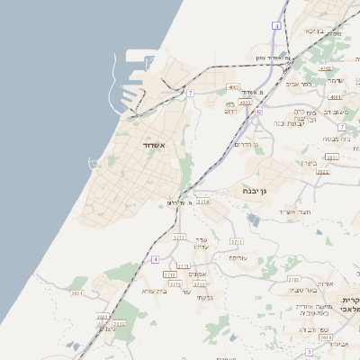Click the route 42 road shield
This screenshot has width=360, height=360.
(x=258, y=112)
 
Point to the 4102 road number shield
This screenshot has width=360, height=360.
(x=325, y=68)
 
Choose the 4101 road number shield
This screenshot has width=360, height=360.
(x=335, y=96)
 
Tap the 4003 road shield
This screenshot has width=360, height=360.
(x=233, y=87)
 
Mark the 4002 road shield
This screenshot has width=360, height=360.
(x=245, y=103)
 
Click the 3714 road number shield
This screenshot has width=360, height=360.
(x=203, y=202)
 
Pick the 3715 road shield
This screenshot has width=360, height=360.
(x=175, y=284)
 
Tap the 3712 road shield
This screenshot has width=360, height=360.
(x=200, y=284)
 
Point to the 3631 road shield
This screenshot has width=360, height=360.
(x=77, y=292)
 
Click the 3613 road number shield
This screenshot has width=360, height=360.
(x=326, y=337)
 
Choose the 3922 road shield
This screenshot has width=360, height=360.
(x=323, y=171)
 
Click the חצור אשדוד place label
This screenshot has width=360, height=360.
(x=293, y=211)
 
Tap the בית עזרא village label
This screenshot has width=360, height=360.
(x=155, y=291)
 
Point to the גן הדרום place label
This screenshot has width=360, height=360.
(x=245, y=144)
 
